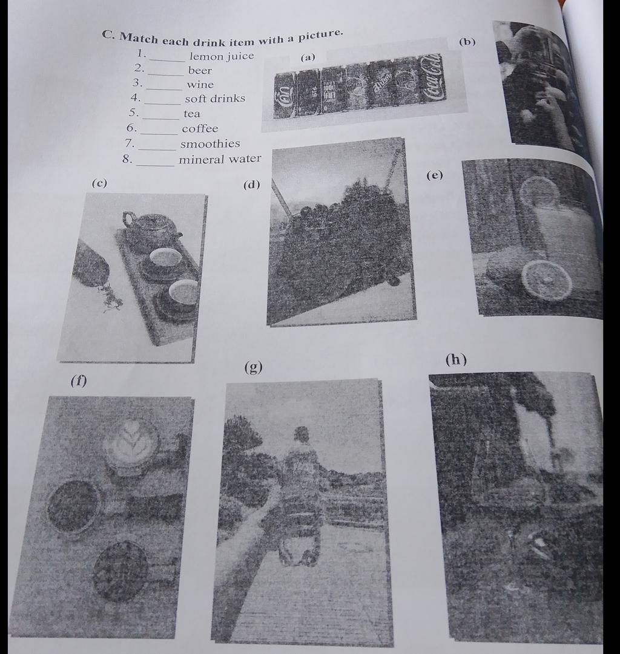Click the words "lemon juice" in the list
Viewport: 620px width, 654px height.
[222, 56]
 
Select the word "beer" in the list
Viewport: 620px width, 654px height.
[200, 70]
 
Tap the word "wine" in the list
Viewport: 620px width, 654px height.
[200, 84]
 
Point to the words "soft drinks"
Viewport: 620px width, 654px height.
[215, 99]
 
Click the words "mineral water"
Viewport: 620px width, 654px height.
[220, 159]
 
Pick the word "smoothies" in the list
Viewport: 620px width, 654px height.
[210, 143]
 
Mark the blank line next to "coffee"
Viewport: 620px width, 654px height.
[159, 133]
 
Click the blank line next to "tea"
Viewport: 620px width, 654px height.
[160, 118]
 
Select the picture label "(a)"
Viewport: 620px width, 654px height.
[308, 57]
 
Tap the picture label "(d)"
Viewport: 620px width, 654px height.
[251, 185]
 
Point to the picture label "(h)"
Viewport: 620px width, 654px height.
[456, 359]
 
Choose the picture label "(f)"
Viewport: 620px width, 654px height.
[79, 381]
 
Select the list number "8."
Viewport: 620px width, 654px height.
[127, 159]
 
